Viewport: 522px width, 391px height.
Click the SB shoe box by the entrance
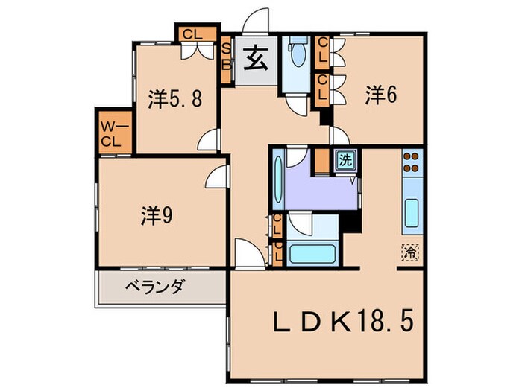tap(227, 54)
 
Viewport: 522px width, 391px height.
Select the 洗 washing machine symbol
tap(345, 159)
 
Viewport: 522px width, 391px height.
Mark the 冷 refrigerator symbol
tap(409, 252)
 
